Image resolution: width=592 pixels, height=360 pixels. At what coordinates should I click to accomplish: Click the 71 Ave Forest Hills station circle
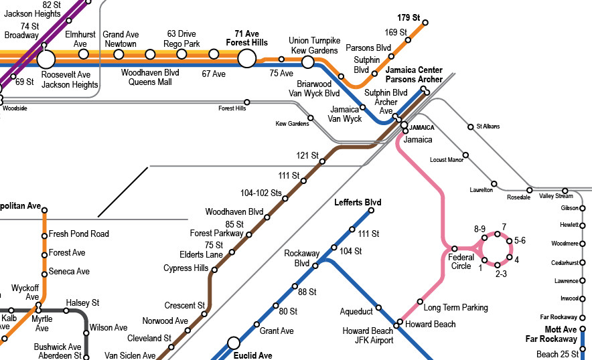coord(246,58)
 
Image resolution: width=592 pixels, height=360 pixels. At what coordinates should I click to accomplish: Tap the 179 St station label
coord(406,17)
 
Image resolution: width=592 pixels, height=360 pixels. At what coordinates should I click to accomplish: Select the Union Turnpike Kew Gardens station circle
coord(307,62)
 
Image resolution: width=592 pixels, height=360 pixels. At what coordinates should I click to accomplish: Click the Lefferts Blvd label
coord(358,203)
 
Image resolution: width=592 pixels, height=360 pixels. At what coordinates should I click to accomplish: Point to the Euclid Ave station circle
coord(234,343)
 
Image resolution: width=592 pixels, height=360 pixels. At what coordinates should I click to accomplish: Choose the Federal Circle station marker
coord(454,248)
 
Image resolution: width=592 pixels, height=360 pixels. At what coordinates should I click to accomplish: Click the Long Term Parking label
coord(456,308)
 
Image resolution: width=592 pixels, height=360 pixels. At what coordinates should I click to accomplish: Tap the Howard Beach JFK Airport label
coord(368,336)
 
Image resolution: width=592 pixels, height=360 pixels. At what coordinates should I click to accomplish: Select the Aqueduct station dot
coord(378,308)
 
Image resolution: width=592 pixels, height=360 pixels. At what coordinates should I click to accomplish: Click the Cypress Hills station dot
coord(214,270)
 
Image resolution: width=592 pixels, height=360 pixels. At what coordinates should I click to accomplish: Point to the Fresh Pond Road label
coord(78,234)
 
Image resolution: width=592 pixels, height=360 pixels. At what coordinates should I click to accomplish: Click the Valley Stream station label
coord(556,196)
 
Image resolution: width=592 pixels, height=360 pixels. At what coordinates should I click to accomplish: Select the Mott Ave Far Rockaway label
coord(551,335)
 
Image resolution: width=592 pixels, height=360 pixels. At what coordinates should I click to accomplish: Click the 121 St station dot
coord(322,161)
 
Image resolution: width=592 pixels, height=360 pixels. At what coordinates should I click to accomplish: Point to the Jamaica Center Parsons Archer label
coord(414,75)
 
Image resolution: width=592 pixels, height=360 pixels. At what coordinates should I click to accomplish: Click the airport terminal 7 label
coord(504,227)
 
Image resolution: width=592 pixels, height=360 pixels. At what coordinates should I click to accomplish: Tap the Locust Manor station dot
coord(465,155)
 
